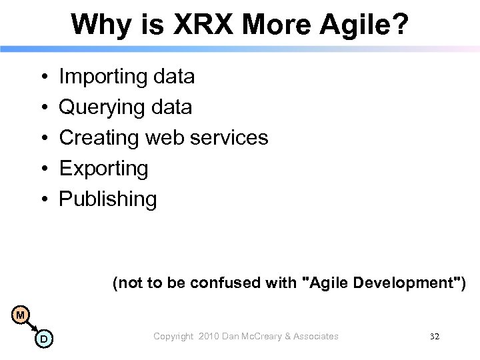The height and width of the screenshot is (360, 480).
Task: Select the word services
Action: (x=229, y=138)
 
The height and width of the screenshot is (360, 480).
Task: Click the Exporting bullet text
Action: (x=103, y=169)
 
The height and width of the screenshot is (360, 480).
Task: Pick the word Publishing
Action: (x=108, y=199)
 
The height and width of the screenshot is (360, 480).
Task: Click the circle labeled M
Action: (x=21, y=314)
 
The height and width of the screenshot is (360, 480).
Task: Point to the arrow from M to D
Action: (x=32, y=327)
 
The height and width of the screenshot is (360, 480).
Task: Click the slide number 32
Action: (x=435, y=337)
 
